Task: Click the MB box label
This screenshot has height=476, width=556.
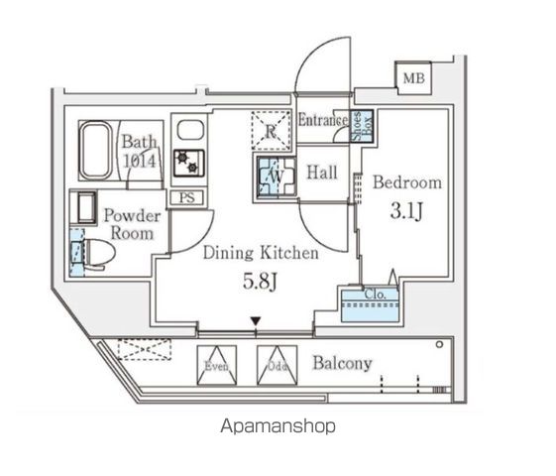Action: pos(410,75)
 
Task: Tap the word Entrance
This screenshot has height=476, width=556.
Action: pos(322,121)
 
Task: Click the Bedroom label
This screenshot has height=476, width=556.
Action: pos(406,183)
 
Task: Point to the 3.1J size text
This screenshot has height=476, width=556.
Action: pos(406,211)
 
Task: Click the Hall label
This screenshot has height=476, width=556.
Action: pos(321,173)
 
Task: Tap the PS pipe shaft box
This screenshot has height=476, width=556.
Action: pos(186,196)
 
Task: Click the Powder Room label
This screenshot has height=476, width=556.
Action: pos(130,224)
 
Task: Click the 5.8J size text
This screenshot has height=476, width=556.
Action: pos(262,282)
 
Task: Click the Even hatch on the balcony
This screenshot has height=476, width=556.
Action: pos(217,365)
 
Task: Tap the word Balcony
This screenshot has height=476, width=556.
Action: pos(342,363)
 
